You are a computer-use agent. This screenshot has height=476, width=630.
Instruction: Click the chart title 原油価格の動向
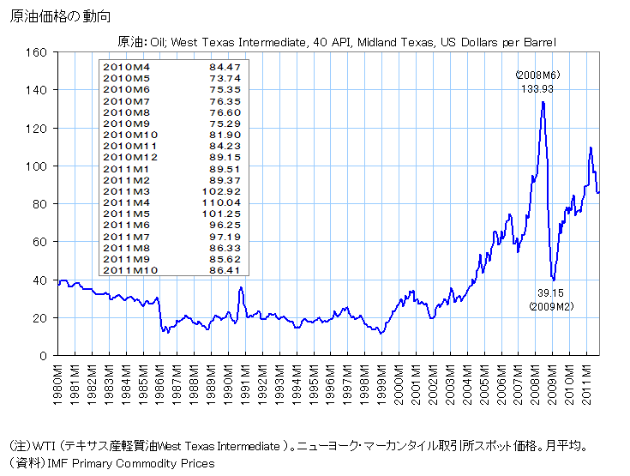[x=60, y=16]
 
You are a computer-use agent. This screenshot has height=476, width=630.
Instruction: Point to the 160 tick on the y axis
[x=37, y=52]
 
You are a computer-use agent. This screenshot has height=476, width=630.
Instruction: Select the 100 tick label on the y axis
[x=37, y=166]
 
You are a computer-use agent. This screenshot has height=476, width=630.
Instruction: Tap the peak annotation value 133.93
[x=537, y=88]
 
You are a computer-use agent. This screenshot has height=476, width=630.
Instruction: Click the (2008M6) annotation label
[x=537, y=75]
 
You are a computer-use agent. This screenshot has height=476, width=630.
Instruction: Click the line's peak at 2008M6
[x=543, y=102]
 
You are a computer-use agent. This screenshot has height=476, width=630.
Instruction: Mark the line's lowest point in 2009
[x=554, y=280]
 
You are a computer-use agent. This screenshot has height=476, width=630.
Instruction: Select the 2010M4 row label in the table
[x=125, y=65]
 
